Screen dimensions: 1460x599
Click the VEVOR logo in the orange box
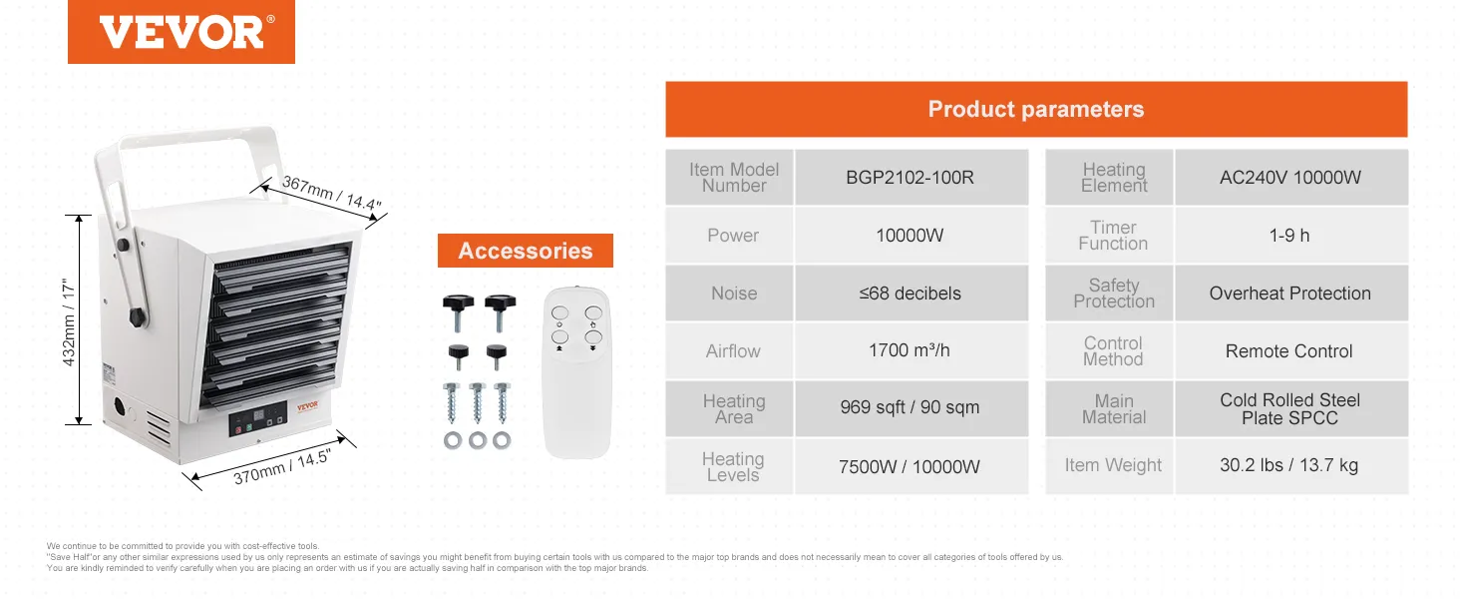[x=182, y=32]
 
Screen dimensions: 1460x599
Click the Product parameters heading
[x=1036, y=109]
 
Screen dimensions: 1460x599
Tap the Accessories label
[x=526, y=251]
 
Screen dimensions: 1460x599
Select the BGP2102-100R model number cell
[x=910, y=178]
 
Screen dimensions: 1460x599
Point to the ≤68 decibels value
[x=910, y=294]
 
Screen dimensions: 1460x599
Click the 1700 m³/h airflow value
[x=910, y=350]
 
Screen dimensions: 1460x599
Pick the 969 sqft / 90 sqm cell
[x=910, y=407]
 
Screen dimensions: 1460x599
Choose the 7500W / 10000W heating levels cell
[x=910, y=466]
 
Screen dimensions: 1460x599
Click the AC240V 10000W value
[x=1290, y=178]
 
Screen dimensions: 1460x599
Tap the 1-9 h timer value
[x=1289, y=236]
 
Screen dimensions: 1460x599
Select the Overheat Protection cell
[x=1289, y=294]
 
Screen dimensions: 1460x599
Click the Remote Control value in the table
[x=1289, y=351]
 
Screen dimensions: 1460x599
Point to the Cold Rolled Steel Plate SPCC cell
[x=1289, y=409]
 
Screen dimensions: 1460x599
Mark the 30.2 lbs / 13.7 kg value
[x=1289, y=465]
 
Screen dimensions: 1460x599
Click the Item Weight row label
[x=1113, y=465]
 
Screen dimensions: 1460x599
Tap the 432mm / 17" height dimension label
[x=69, y=322]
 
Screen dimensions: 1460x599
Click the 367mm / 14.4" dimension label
[x=332, y=193]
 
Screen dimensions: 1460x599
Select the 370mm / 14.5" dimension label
[x=282, y=466]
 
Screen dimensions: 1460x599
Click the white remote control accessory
[x=576, y=372]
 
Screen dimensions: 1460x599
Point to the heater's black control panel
[x=258, y=418]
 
